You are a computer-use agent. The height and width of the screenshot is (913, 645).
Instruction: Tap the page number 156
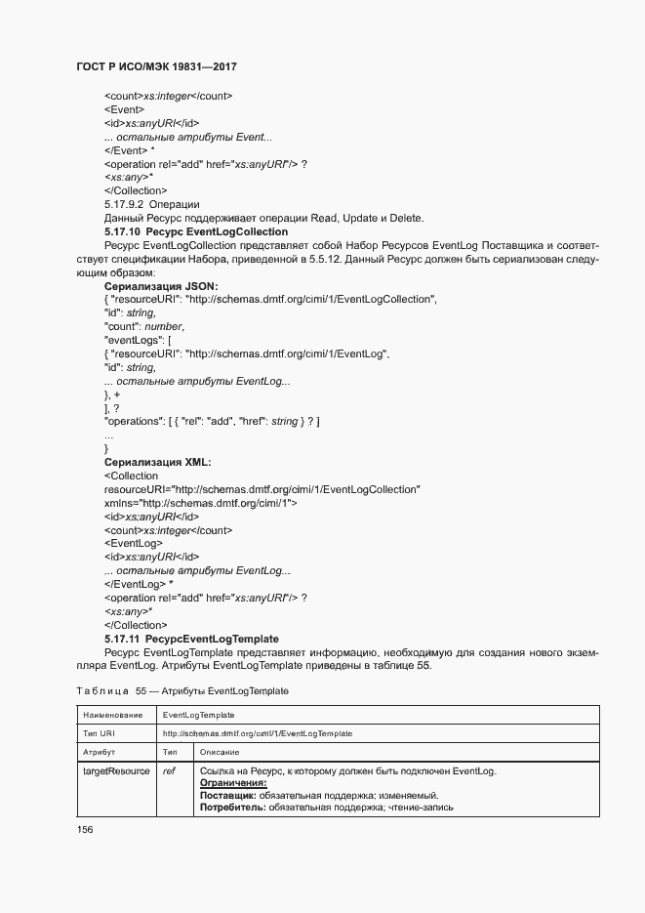(85, 829)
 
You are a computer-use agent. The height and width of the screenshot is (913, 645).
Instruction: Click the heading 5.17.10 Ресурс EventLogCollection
(195, 231)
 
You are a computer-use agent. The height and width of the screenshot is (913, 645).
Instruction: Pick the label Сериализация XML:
(157, 462)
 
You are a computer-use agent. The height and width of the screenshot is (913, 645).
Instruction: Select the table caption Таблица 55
(181, 690)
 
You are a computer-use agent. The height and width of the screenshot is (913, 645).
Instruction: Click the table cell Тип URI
(99, 732)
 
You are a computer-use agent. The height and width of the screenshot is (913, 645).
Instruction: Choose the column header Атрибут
(100, 752)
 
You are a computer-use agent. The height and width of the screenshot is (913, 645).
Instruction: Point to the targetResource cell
(116, 771)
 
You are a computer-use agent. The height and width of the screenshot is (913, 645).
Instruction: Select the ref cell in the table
(169, 771)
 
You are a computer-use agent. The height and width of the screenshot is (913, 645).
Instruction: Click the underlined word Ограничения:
(233, 783)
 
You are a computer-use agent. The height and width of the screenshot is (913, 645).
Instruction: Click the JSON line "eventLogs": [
(138, 340)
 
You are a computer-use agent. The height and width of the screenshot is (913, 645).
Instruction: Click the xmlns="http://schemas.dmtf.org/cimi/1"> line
(201, 502)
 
